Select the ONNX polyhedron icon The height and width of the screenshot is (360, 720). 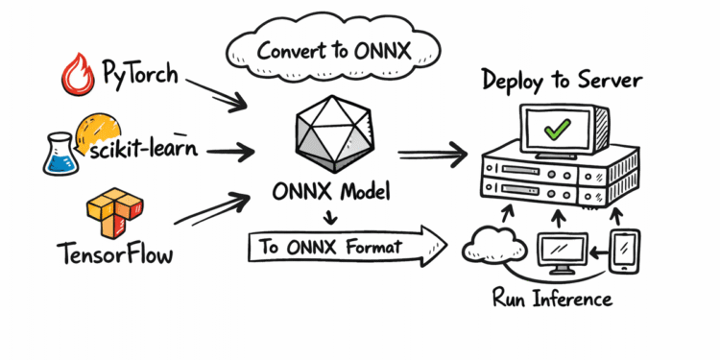pos(331,135)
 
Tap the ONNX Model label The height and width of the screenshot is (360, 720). pos(331,193)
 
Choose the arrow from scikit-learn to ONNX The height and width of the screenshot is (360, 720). pos(220,151)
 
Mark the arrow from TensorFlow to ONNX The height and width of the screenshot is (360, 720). pos(217,211)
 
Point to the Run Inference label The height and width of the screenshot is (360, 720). pos(552,299)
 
